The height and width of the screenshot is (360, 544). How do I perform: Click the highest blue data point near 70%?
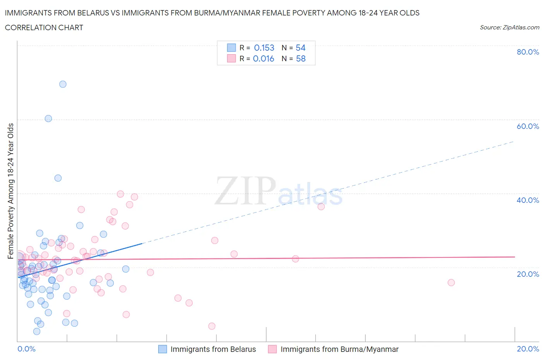click(x=63, y=84)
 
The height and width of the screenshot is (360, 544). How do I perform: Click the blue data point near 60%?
click(x=48, y=118)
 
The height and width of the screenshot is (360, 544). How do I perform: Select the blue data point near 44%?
click(x=58, y=178)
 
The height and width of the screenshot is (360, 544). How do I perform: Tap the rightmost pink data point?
click(x=451, y=283)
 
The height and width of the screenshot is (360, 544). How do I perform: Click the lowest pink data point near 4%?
click(x=212, y=326)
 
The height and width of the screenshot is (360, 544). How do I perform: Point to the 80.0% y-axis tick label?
click(x=528, y=52)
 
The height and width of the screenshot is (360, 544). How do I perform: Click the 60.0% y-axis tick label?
click(x=528, y=126)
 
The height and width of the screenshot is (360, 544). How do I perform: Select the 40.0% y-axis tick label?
click(x=528, y=200)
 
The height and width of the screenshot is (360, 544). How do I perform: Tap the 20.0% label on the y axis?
click(x=528, y=274)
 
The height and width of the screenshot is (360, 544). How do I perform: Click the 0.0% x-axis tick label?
click(x=26, y=349)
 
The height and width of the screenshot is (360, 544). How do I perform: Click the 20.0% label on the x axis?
click(x=528, y=349)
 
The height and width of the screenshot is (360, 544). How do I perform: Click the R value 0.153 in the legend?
click(x=264, y=48)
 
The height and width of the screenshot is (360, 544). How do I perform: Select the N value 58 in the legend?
click(x=301, y=58)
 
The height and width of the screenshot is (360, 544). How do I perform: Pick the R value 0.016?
click(x=263, y=58)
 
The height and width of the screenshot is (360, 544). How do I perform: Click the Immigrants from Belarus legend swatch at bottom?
click(x=163, y=349)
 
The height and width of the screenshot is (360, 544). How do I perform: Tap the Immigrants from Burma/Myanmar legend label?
click(x=339, y=349)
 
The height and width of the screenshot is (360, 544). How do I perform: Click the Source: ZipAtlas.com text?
click(x=509, y=27)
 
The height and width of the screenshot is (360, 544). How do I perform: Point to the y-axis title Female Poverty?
click(x=10, y=191)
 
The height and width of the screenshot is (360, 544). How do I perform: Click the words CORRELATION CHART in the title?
click(x=44, y=27)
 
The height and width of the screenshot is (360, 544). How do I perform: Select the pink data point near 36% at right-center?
click(x=321, y=206)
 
